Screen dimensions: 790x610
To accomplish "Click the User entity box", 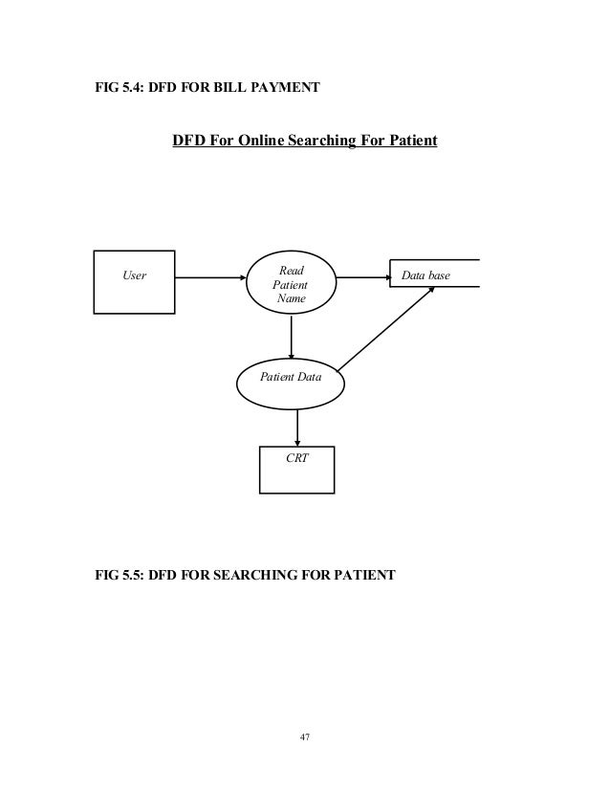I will [134, 281].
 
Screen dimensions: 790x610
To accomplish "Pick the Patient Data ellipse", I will [292, 379].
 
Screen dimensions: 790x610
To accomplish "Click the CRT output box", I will [297, 469].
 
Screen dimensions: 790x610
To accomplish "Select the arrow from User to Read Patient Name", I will [210, 278].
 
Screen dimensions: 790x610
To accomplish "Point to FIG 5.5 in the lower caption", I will [116, 577].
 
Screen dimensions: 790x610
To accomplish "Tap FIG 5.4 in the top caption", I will [116, 89].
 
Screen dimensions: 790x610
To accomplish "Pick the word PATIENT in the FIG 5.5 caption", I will [359, 577].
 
